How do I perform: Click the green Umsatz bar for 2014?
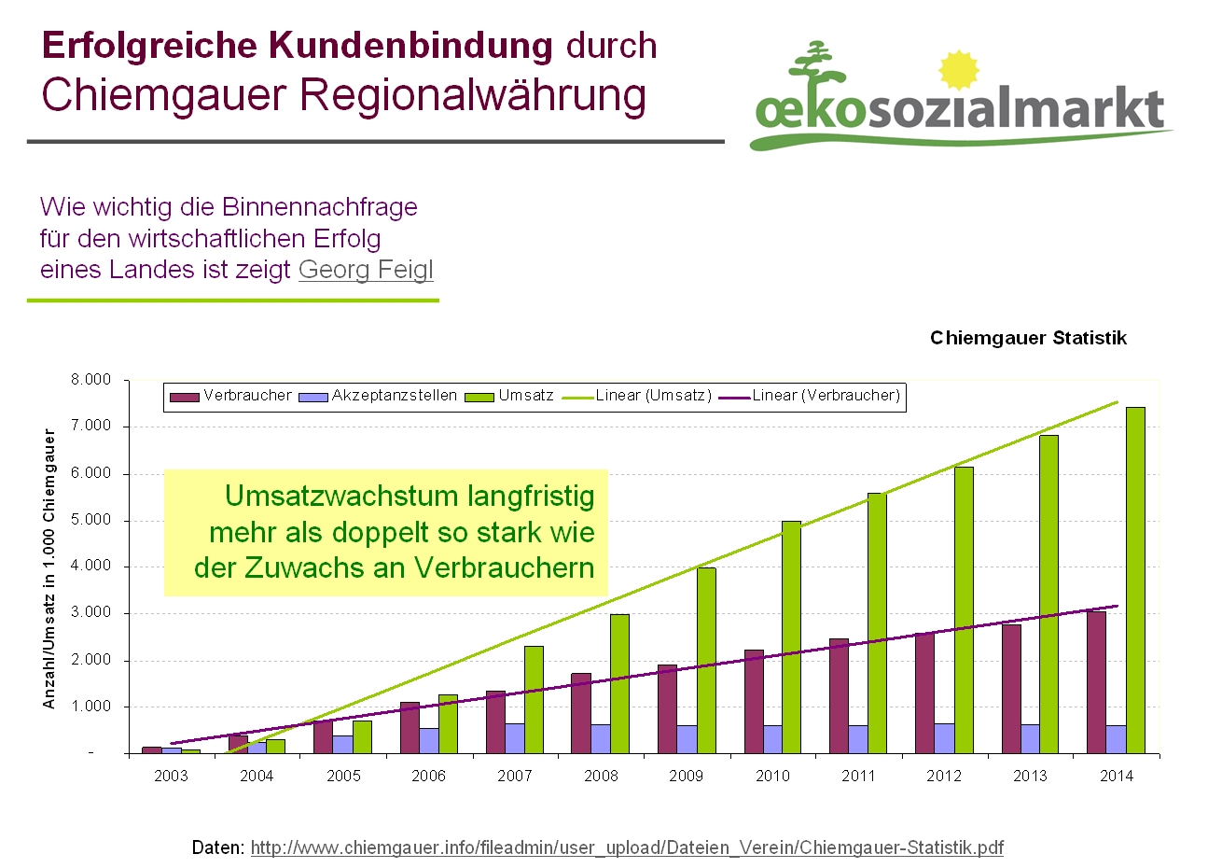click(1135, 579)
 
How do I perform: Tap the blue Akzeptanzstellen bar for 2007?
click(515, 738)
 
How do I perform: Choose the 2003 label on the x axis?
click(171, 776)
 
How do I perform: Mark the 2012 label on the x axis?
click(944, 776)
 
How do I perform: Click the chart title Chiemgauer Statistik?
click(1028, 338)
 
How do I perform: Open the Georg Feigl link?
click(366, 270)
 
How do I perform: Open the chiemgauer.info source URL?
click(627, 847)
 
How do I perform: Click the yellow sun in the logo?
click(958, 71)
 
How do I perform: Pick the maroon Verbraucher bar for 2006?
click(410, 727)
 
